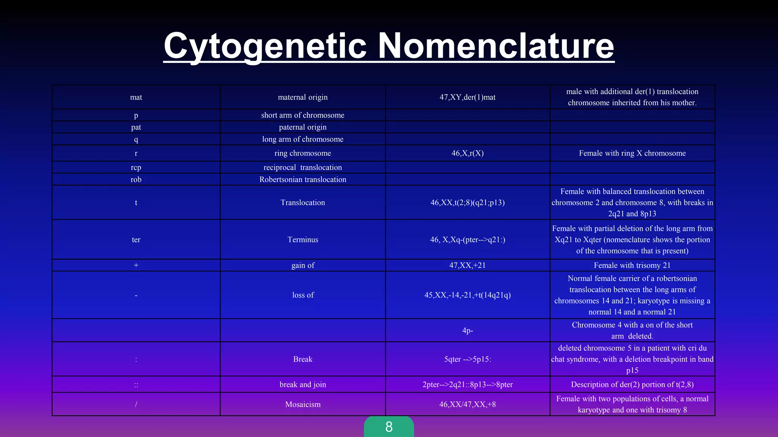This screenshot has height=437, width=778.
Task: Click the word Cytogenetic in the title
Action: (x=265, y=46)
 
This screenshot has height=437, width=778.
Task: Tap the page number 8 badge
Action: (x=389, y=427)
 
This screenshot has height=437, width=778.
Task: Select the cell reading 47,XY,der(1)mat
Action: (x=467, y=97)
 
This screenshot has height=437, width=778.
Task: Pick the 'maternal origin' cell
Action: (x=302, y=97)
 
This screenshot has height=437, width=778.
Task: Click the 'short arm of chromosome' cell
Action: (x=302, y=115)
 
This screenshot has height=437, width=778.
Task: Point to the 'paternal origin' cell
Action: (x=302, y=127)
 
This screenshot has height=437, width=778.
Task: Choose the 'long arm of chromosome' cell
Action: (x=302, y=139)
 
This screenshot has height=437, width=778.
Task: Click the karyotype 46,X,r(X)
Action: (x=467, y=153)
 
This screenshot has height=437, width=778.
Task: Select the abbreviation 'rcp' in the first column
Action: (x=136, y=167)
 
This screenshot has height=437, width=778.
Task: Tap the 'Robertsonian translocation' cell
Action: (x=302, y=179)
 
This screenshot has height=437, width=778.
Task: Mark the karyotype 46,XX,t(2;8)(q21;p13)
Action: (x=467, y=203)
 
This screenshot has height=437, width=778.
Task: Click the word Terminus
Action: (x=302, y=240)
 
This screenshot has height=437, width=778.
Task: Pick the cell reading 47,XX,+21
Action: (x=467, y=265)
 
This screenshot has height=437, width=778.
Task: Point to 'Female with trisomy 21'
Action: (x=632, y=265)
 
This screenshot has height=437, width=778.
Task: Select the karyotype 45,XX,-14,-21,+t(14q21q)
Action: (x=467, y=295)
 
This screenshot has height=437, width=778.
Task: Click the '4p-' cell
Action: (x=467, y=330)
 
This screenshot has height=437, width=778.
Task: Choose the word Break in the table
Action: (x=302, y=359)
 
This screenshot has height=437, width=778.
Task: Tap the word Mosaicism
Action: (x=302, y=404)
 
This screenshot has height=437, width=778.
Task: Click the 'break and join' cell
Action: (x=302, y=385)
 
